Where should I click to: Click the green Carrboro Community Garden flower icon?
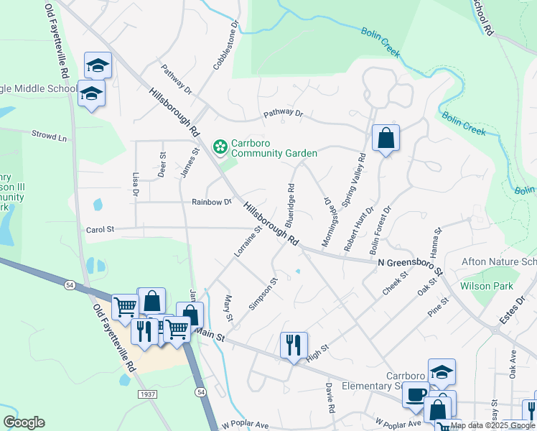(x=220, y=147)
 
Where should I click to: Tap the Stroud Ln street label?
(x=49, y=134)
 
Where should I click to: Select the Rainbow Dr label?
(x=212, y=202)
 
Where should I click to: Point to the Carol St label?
(x=101, y=230)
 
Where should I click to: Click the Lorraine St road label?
(x=247, y=243)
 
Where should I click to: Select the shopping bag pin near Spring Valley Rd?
(x=386, y=139)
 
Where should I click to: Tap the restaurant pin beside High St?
(x=294, y=346)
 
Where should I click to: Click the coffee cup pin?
(x=415, y=395)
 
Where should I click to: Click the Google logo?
(x=24, y=422)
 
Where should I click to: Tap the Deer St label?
(x=162, y=164)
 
